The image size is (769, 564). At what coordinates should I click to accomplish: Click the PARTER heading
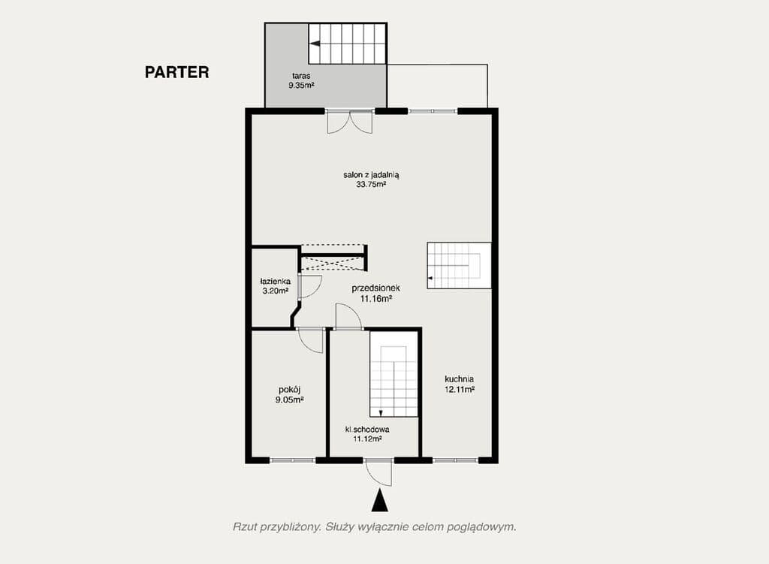[x=176, y=73]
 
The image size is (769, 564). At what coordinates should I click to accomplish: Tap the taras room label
[x=301, y=77]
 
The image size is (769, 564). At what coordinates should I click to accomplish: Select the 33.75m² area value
[x=371, y=184]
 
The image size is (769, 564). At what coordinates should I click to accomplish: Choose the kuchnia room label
[x=458, y=379]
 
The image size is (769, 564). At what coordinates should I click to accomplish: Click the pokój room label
[x=290, y=391]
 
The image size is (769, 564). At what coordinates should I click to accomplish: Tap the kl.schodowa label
[x=367, y=430]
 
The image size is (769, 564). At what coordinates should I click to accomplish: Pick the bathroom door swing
[x=309, y=285]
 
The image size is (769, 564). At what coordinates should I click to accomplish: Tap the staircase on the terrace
[x=348, y=44]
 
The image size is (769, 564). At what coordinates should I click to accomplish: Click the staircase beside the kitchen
[x=458, y=265]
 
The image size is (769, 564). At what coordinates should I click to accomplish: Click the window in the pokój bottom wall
[x=292, y=460]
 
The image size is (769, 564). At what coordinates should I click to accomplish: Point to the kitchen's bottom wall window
[x=455, y=460]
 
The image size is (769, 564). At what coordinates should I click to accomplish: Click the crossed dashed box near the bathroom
[x=333, y=258]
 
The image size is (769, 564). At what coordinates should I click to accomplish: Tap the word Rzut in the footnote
[x=245, y=527]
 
